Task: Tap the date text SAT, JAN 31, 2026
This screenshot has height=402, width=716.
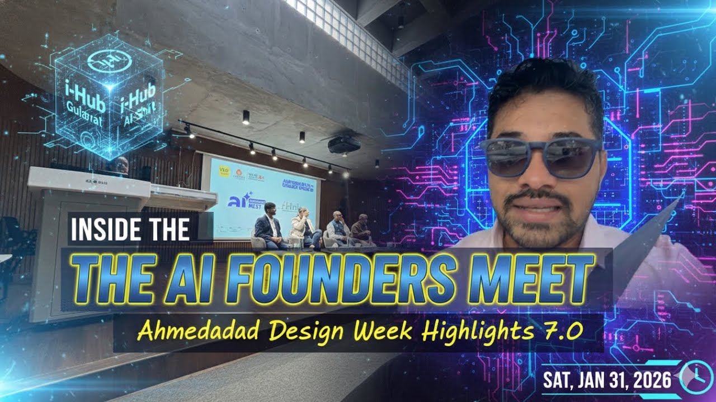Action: pyautogui.click(x=607, y=381)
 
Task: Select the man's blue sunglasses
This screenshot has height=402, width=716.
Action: pyautogui.click(x=540, y=156)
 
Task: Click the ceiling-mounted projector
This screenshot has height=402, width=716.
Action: pyautogui.click(x=343, y=145)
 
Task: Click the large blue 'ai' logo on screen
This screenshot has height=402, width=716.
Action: pyautogui.click(x=237, y=200)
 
